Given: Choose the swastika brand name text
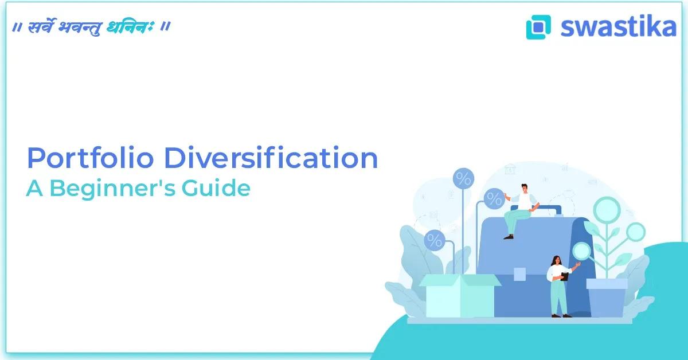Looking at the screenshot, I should (x=618, y=26).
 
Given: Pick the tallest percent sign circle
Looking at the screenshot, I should (x=463, y=178).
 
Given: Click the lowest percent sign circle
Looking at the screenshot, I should (x=435, y=240).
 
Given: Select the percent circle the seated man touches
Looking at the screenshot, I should (x=494, y=198).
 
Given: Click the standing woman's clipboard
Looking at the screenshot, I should (x=565, y=276).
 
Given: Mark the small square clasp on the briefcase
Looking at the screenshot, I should (x=519, y=274).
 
